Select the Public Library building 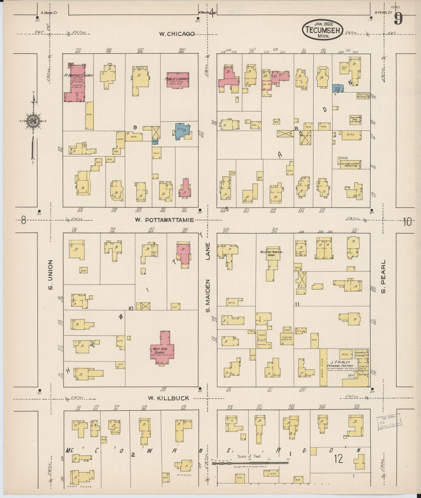point(177,80)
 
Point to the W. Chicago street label point(177,34)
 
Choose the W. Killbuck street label point(168,398)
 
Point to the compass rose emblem point(34,121)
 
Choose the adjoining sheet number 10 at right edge point(407,222)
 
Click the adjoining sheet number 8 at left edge point(23,221)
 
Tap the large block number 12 point(339,459)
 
